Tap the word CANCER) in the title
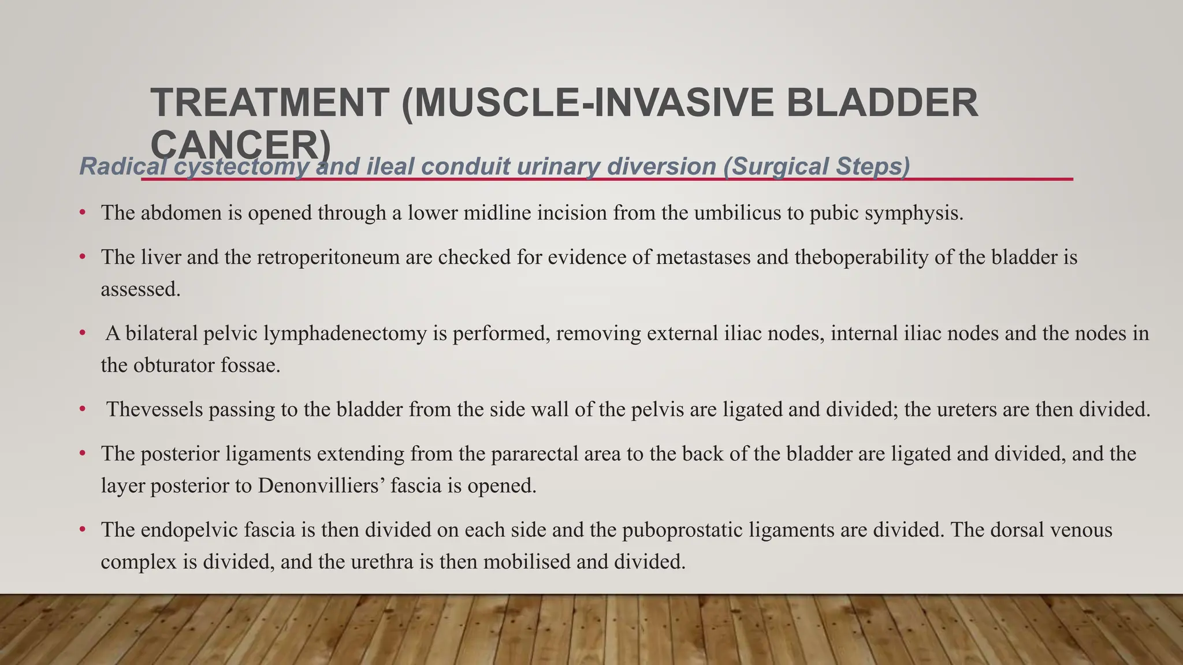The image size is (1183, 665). click(240, 144)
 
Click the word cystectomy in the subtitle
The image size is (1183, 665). click(242, 167)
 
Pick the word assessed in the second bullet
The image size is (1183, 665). click(140, 289)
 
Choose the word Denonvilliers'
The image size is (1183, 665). click(321, 485)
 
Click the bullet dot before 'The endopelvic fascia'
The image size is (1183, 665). click(83, 529)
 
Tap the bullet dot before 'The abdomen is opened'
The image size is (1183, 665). click(83, 213)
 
